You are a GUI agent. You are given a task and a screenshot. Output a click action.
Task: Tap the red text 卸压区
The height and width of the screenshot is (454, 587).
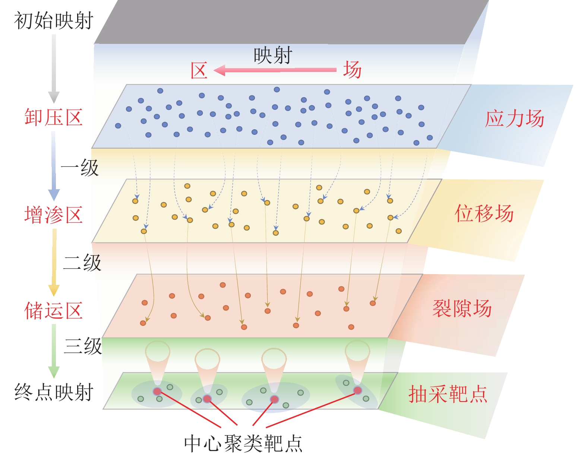[x=53, y=117]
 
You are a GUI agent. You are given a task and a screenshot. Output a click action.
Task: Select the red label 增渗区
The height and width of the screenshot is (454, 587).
[x=53, y=215]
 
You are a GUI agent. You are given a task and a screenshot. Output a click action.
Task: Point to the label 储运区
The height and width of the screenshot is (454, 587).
[x=53, y=311]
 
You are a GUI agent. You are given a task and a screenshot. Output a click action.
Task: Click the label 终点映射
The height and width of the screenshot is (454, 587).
[x=53, y=392]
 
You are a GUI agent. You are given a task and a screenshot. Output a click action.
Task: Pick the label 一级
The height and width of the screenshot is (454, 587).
[x=79, y=168]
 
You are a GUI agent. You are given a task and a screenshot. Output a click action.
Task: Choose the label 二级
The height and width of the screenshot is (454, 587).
[x=82, y=263]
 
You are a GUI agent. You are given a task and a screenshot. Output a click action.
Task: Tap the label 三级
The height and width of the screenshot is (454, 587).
[x=83, y=346]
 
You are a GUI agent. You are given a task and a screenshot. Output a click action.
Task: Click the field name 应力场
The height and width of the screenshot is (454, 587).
[x=514, y=119]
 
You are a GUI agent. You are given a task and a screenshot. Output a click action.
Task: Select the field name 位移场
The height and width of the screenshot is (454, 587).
[x=484, y=213]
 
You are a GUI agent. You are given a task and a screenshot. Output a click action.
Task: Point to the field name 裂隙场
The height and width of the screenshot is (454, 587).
[x=462, y=308]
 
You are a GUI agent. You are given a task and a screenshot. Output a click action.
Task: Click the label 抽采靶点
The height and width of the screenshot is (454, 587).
[x=448, y=394]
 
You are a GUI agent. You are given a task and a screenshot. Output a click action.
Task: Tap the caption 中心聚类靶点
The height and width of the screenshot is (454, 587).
[x=243, y=443]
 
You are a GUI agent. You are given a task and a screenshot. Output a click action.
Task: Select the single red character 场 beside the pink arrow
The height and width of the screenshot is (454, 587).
[x=352, y=70]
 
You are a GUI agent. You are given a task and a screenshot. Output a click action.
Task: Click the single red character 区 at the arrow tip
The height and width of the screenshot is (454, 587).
[x=199, y=70]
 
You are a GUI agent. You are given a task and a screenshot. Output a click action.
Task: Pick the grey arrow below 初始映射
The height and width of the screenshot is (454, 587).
[x=54, y=69]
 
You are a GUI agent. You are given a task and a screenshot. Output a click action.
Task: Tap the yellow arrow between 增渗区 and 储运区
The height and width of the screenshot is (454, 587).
[x=54, y=262]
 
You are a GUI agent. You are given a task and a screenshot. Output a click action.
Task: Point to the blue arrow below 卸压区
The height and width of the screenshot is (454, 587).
[x=54, y=166]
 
